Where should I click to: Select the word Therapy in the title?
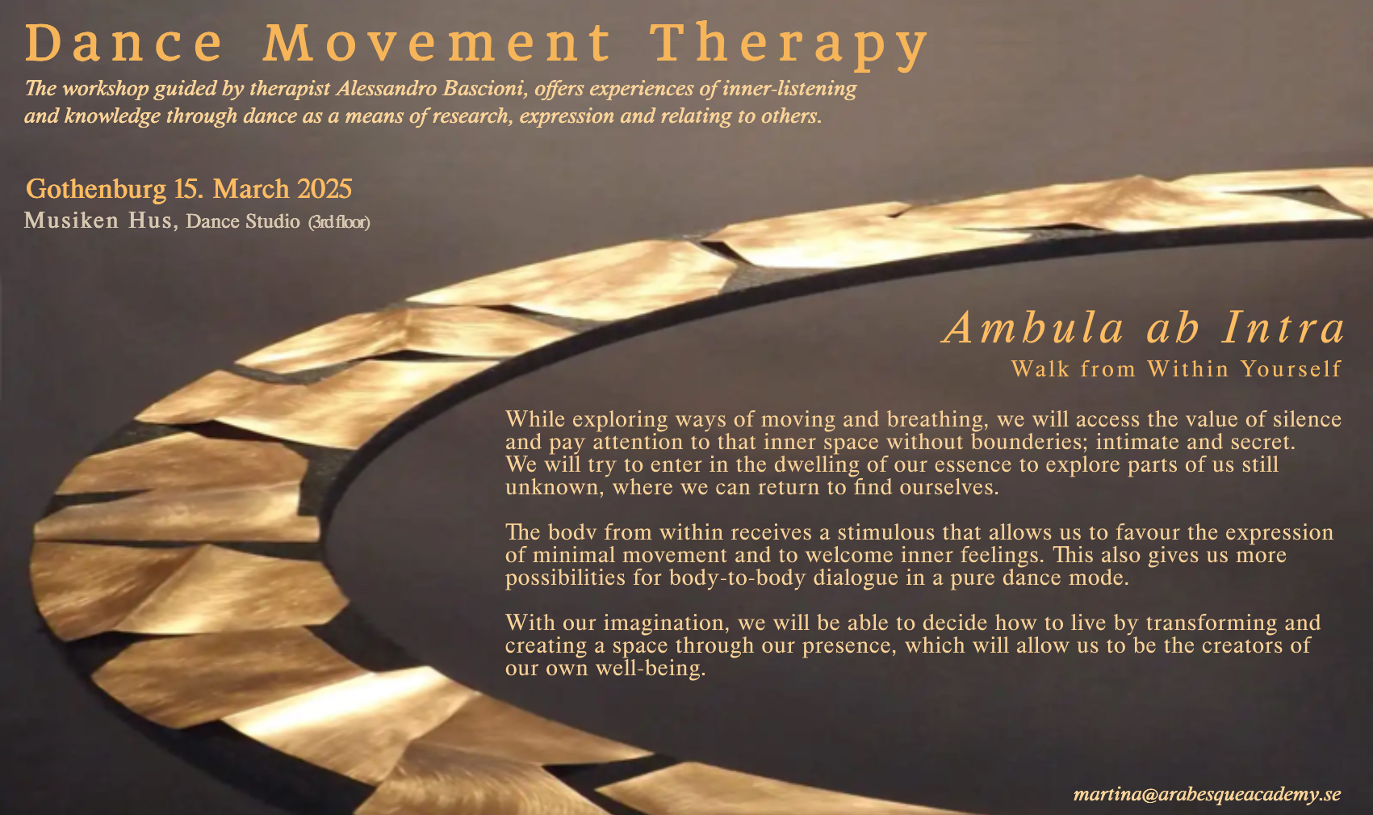[x=789, y=46]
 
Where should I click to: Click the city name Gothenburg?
[x=95, y=190]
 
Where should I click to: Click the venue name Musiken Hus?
[x=100, y=221]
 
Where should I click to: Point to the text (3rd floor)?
[x=339, y=222]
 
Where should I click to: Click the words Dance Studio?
[x=243, y=221]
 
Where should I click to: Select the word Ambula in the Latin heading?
[x=1033, y=327]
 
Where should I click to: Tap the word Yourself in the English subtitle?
[x=1291, y=368]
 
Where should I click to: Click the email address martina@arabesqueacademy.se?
[x=1207, y=794]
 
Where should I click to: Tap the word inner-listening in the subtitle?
[x=789, y=89]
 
